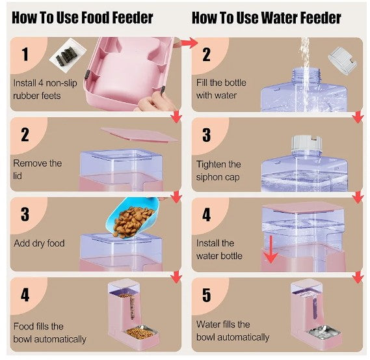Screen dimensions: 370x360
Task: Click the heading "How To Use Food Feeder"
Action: pyautogui.click(x=83, y=18)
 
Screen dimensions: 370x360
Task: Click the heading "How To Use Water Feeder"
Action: pyautogui.click(x=267, y=18)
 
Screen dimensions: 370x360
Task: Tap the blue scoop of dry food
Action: pyautogui.click(x=133, y=218)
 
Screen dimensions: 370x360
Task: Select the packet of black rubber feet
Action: pyautogui.click(x=68, y=55)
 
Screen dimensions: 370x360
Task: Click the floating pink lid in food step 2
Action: pyautogui.click(x=139, y=135)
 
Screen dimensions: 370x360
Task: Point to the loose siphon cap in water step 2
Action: pyautogui.click(x=342, y=61)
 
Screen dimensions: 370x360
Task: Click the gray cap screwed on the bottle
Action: pyautogui.click(x=307, y=143)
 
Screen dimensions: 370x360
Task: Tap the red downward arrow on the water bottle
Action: pyautogui.click(x=271, y=249)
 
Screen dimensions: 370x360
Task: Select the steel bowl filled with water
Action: pyautogui.click(x=324, y=331)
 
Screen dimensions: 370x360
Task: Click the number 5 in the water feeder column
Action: pyautogui.click(x=206, y=296)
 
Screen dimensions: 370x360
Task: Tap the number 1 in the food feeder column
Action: pyautogui.click(x=25, y=54)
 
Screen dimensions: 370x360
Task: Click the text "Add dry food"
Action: pyautogui.click(x=39, y=243)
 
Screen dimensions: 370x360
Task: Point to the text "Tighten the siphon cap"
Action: pyautogui.click(x=218, y=171)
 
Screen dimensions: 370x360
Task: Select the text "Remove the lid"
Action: pyautogui.click(x=38, y=169)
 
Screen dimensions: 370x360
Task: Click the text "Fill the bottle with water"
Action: pyautogui.click(x=221, y=89)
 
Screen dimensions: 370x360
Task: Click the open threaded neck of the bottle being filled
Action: pyautogui.click(x=306, y=75)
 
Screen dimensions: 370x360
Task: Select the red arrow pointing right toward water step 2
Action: pyautogui.click(x=187, y=43)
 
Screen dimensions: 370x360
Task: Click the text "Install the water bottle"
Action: pyautogui.click(x=219, y=249)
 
